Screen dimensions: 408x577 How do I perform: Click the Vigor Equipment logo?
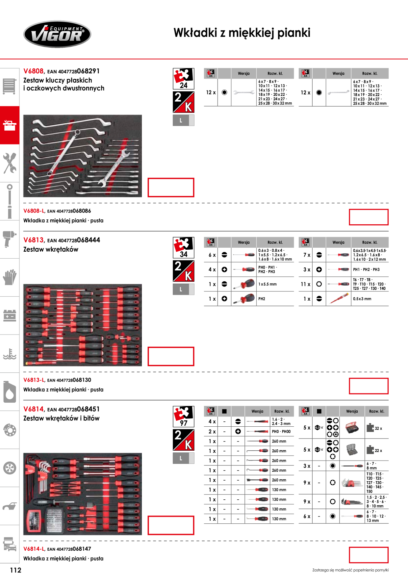[57, 34]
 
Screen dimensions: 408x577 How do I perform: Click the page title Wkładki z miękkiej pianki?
[242, 33]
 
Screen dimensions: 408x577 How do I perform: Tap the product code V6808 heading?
[33, 71]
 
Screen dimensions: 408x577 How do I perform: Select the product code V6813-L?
[34, 380]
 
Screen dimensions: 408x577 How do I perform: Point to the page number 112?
[15, 570]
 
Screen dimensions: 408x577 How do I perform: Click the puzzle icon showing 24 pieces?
[184, 79]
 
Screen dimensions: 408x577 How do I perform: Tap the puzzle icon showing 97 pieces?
[184, 416]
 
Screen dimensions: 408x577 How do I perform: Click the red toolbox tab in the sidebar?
[10, 125]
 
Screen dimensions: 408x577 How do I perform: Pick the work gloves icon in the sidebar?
[10, 277]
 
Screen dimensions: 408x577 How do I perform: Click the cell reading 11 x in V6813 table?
[306, 284]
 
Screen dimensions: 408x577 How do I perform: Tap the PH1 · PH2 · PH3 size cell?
[366, 269]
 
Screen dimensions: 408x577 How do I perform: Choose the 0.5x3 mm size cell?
[362, 299]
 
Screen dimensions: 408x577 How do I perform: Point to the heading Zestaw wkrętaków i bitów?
[61, 418]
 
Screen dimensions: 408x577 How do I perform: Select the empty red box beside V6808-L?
[369, 217]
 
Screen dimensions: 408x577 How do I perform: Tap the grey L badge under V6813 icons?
[184, 289]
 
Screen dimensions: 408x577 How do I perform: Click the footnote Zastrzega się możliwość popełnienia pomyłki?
[350, 570]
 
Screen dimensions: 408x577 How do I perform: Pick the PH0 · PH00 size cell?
[281, 431]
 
